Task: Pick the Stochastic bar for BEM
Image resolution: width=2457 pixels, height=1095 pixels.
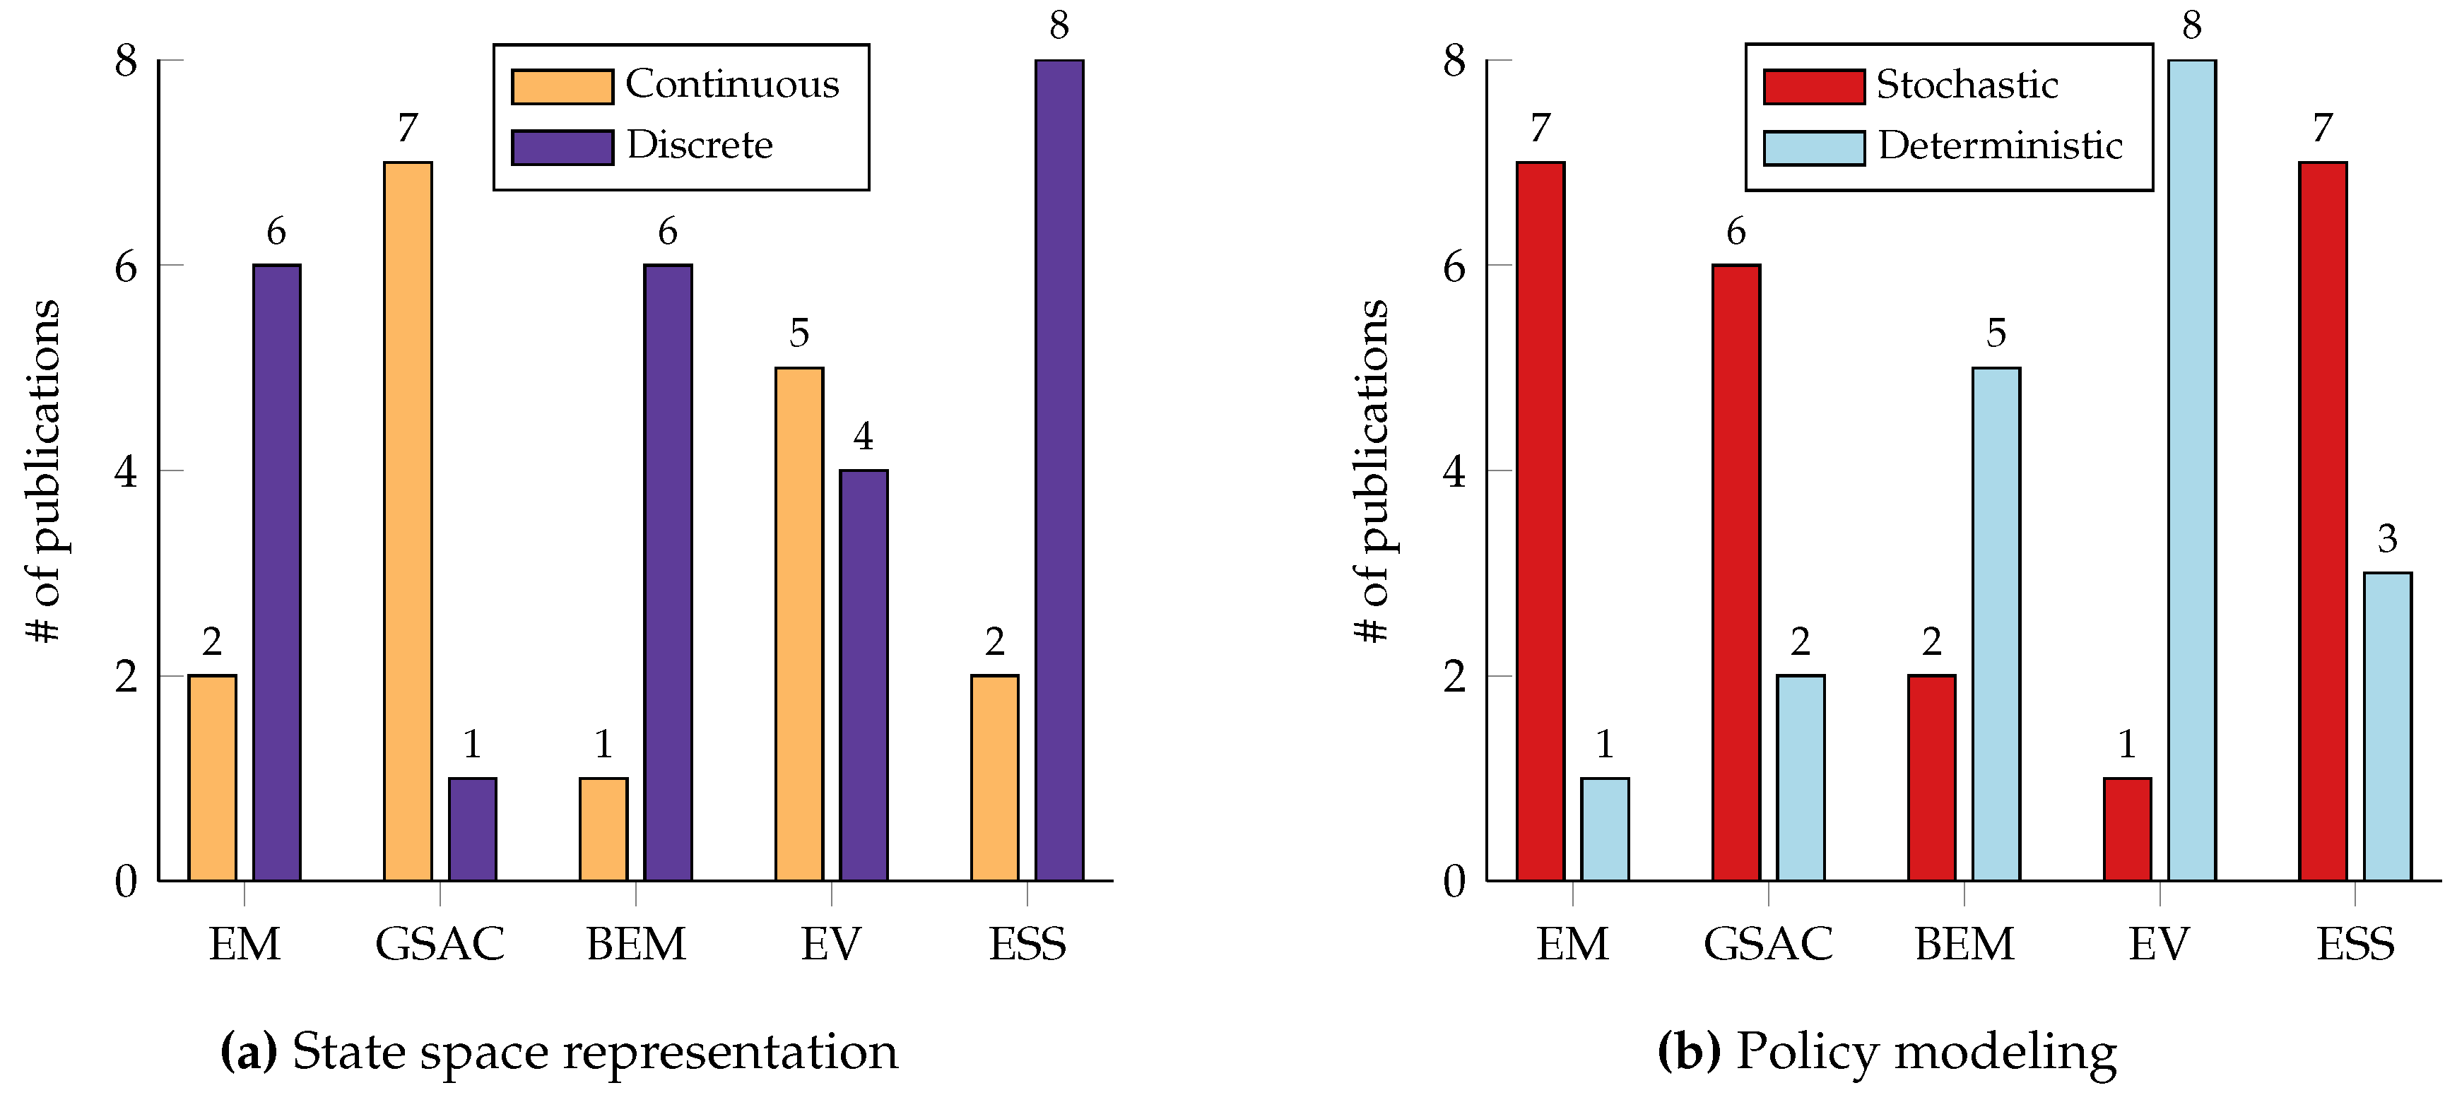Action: [x=1931, y=777]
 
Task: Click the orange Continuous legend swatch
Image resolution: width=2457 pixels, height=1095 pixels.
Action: [x=562, y=87]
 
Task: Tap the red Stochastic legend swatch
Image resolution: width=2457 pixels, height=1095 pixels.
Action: [x=1813, y=87]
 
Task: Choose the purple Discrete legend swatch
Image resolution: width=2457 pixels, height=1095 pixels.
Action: [x=562, y=148]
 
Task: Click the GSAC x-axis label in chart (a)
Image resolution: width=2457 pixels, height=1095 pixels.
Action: [x=440, y=945]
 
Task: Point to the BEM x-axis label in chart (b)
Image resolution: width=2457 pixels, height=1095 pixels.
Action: [x=1964, y=945]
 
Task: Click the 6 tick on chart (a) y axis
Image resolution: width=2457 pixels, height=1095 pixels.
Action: [x=126, y=266]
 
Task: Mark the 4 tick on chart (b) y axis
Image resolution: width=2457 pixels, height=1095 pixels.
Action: [x=1454, y=471]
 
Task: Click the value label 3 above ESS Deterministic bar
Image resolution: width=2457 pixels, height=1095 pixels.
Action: [x=2387, y=540]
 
